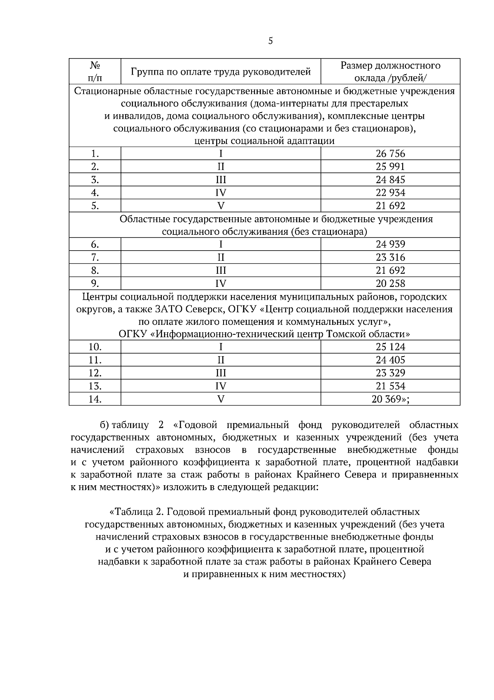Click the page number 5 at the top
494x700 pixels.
(x=270, y=41)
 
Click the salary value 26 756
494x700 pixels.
(x=390, y=154)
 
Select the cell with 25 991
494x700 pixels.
(x=390, y=167)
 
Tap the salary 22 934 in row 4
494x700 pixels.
(x=390, y=193)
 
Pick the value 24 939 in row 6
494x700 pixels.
(x=390, y=244)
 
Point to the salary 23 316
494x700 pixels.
(x=390, y=257)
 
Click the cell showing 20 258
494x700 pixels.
(x=390, y=283)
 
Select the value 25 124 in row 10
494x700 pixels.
(x=390, y=347)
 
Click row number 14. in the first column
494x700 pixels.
(x=95, y=399)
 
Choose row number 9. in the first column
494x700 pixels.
(x=95, y=283)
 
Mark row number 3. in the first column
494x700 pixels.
(x=95, y=180)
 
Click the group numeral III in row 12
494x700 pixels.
(x=221, y=373)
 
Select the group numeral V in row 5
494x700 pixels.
(x=221, y=206)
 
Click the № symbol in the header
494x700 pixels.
(x=95, y=66)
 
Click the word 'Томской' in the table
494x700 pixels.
(x=345, y=334)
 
